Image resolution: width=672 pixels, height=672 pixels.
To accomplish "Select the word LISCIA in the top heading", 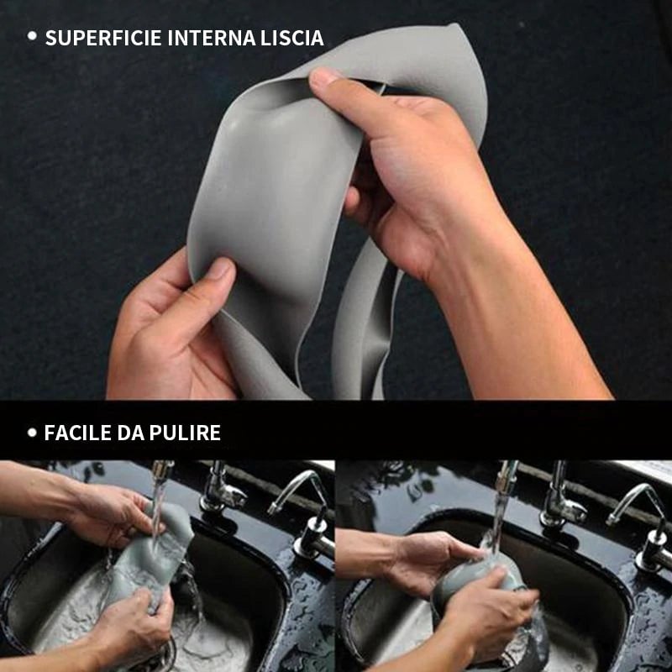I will tap(292, 38).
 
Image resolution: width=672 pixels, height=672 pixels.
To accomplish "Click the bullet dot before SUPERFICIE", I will tap(32, 36).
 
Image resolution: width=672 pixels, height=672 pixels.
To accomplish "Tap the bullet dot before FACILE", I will tap(32, 433).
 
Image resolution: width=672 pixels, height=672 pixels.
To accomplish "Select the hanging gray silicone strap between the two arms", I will tap(361, 328).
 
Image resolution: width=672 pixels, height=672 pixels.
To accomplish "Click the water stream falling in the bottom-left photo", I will tap(157, 504).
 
